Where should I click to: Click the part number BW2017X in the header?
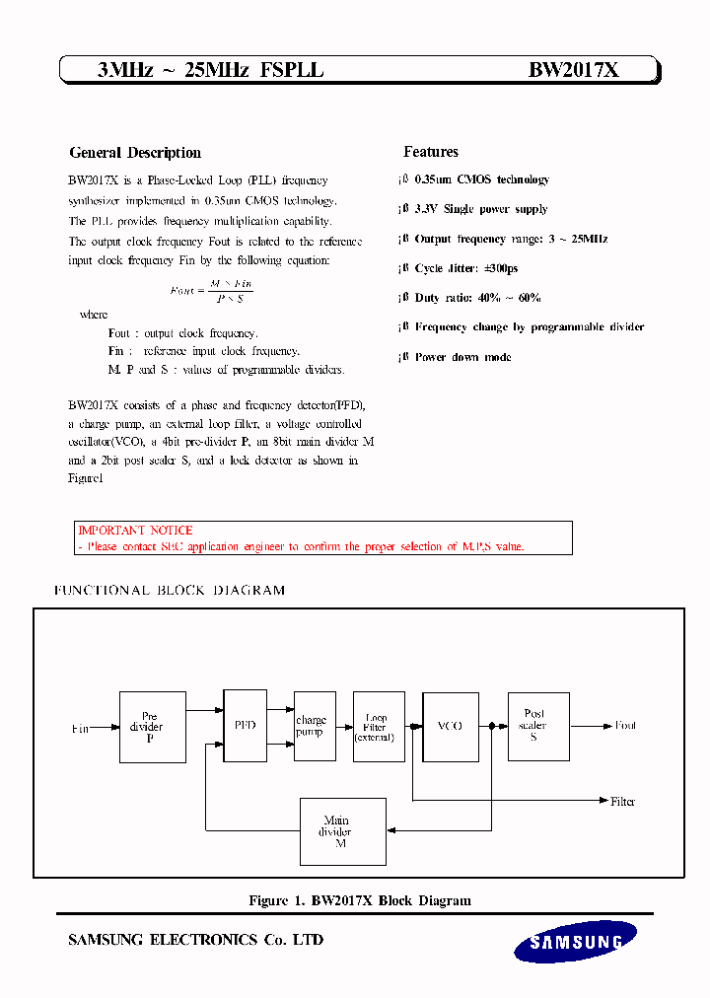pos(573,70)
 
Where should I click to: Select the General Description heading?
pos(135,153)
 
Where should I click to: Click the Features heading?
pos(431,152)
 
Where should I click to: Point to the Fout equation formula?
pos(211,290)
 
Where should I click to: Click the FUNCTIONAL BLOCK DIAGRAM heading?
pos(169,591)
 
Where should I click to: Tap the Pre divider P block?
pos(152,727)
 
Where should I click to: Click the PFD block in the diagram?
pos(245,726)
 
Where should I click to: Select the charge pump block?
pos(311,727)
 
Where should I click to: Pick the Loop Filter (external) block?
pos(379,727)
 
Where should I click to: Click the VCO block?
pos(450,726)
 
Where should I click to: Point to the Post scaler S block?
pos(537,726)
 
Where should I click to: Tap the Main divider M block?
pos(342,831)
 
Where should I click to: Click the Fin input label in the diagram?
pos(80,729)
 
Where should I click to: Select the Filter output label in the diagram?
pos(622,802)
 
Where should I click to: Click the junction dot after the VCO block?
pos(491,727)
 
